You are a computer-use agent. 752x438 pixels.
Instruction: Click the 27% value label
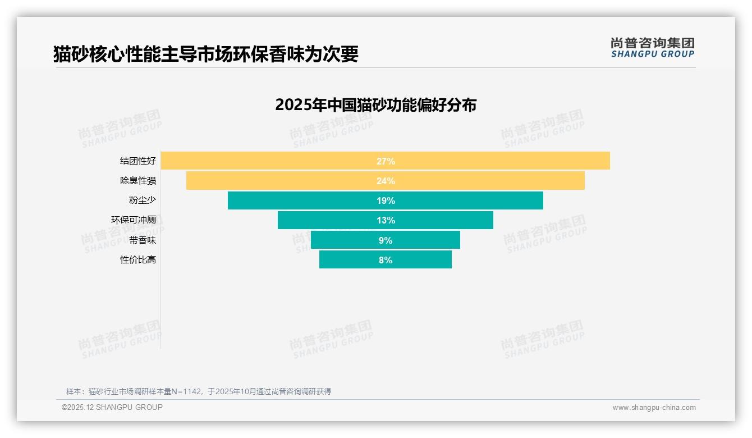point(386,161)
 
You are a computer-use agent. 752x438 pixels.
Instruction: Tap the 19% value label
point(386,200)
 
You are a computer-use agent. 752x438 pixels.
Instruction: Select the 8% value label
point(386,260)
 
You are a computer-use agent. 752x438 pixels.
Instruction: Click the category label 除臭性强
point(138,181)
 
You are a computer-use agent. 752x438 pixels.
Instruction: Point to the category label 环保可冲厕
point(134,220)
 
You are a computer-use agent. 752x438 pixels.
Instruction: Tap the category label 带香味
point(143,240)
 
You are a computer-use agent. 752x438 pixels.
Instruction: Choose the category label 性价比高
point(138,260)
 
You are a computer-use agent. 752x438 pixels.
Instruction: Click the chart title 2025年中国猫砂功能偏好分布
point(375,105)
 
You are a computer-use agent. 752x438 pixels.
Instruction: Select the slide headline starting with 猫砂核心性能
point(205,54)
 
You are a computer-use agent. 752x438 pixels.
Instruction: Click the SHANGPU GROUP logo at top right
point(652,48)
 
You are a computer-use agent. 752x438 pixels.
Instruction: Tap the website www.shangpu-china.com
point(654,408)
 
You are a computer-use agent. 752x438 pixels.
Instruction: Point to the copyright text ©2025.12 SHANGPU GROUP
point(112,407)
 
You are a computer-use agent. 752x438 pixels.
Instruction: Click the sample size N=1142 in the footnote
point(189,391)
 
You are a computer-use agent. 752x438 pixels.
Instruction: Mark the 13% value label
point(386,220)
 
